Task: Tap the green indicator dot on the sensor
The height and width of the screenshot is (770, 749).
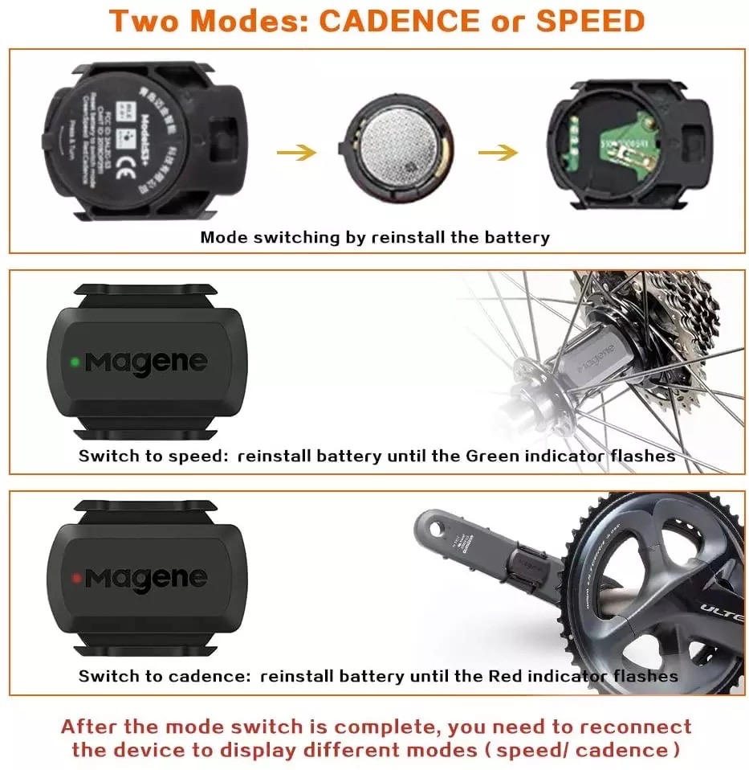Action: click(x=74, y=362)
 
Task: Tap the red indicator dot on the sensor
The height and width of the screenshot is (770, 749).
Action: click(x=75, y=577)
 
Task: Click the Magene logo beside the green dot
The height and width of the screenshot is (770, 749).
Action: click(x=146, y=362)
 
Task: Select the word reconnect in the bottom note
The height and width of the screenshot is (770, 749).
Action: click(x=633, y=727)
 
